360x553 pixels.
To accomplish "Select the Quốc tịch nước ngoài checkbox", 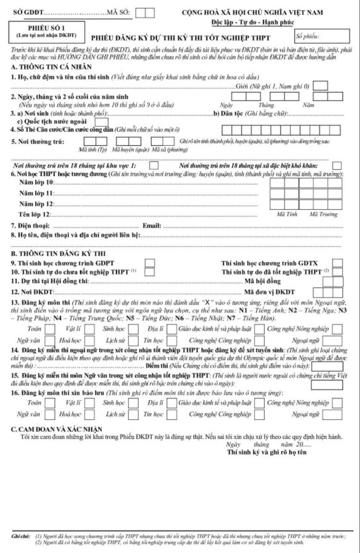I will (101, 122).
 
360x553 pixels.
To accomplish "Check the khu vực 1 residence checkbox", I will (154, 166).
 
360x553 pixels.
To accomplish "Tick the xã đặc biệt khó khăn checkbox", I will (336, 166).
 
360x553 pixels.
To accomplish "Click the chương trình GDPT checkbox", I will (150, 263).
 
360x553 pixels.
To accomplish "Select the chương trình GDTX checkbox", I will (337, 263).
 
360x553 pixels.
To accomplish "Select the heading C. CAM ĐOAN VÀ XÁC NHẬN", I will (57, 429).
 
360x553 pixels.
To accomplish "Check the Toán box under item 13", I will (50, 328).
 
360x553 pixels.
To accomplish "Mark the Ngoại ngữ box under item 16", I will (332, 415).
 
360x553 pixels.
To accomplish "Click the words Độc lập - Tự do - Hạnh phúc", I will (253, 22).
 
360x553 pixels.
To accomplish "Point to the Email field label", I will (152, 225).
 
